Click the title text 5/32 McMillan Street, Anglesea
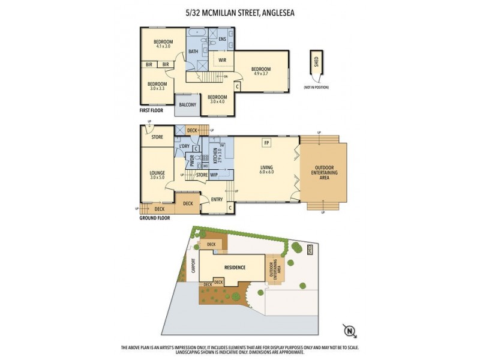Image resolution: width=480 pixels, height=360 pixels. click(240, 11)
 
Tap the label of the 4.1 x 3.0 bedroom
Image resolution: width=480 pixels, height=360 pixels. click(164, 44)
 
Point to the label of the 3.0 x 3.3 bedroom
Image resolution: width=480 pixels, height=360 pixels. click(157, 86)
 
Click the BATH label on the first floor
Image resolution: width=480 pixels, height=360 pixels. click(193, 52)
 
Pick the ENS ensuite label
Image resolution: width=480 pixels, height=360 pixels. click(221, 40)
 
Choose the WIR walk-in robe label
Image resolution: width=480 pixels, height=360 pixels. click(221, 60)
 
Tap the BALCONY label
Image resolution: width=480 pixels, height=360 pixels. click(187, 105)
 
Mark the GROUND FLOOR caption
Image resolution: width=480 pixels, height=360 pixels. click(155, 218)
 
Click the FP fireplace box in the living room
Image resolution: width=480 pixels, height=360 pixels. click(265, 143)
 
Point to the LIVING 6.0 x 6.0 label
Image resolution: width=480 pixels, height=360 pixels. click(266, 169)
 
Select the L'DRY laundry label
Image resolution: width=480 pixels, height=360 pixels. click(182, 146)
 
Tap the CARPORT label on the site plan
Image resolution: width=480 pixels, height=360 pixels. click(193, 265)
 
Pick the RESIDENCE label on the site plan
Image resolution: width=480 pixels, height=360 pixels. click(235, 267)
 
